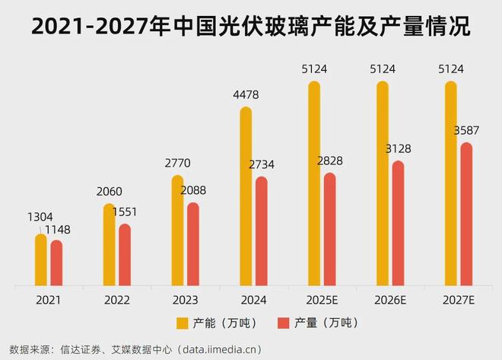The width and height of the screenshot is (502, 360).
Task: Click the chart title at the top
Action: [251, 27]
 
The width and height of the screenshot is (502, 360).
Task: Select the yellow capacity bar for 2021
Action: [41, 261]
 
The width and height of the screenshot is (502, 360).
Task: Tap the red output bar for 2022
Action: [125, 256]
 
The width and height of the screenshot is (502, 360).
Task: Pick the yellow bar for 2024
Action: [246, 198]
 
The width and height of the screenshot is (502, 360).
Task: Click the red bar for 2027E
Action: [466, 215]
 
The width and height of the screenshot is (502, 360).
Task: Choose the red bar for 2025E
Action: [329, 231]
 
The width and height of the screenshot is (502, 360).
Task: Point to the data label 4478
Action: [245, 96]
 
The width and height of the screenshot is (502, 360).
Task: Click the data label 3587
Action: [466, 132]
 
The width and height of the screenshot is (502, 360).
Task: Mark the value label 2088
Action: [193, 190]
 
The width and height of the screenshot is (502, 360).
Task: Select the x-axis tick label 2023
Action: [185, 301]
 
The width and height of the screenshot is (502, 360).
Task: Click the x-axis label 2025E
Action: [322, 301]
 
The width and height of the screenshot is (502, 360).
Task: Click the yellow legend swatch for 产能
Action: [182, 323]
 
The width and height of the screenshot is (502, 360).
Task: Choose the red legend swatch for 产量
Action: [284, 323]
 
